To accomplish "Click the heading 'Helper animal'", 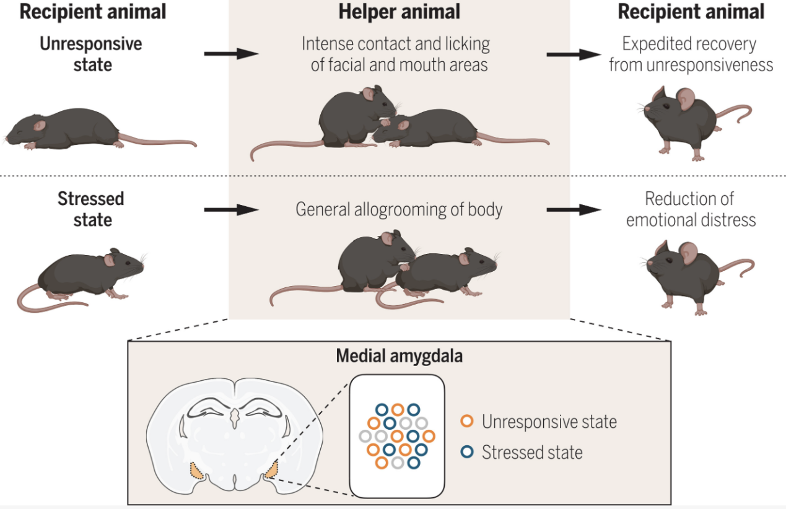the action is (399, 12).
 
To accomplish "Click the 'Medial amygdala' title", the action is (400, 355).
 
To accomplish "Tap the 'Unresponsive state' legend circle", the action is (467, 421).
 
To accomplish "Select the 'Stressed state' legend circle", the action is (467, 452).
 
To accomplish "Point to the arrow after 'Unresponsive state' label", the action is (231, 54).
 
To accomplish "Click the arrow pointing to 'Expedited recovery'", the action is (574, 54).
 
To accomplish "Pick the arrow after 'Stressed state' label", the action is (231, 210).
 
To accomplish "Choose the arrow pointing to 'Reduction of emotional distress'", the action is (574, 210).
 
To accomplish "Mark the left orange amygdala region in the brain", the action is (196, 471).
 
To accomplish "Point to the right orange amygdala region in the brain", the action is (271, 469).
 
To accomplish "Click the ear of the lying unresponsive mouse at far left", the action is (39, 125).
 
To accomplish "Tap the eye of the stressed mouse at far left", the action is (128, 263).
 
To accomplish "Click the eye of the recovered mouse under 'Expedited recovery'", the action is (666, 107).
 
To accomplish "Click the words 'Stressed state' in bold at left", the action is (91, 209).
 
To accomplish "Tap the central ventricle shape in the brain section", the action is (235, 418).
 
